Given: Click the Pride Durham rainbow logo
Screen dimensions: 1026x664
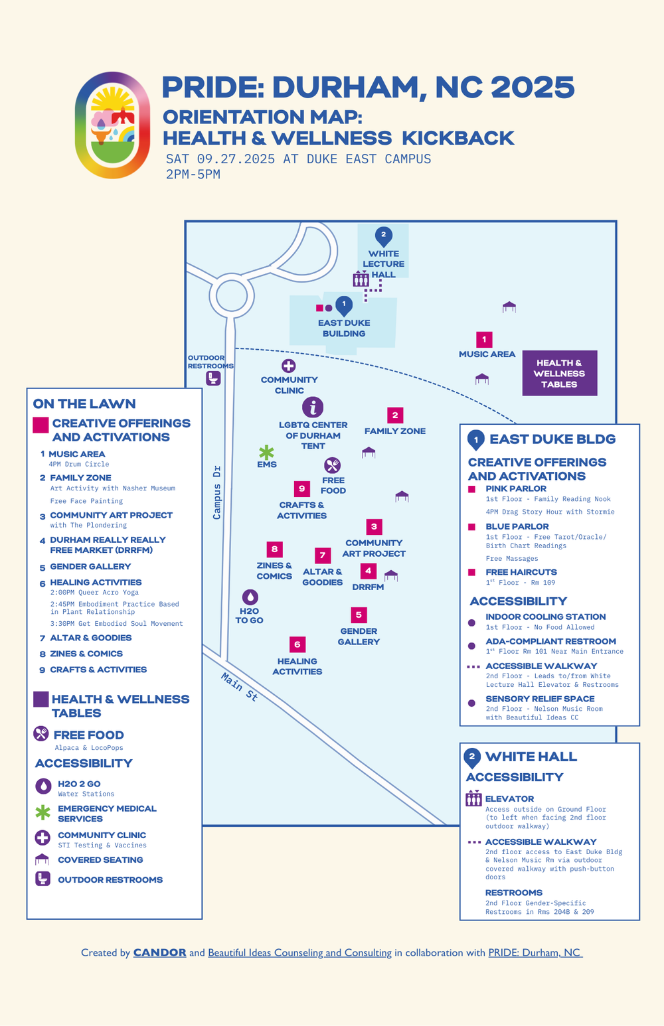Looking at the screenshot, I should [x=112, y=125].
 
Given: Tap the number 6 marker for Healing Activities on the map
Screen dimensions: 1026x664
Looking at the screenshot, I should [x=297, y=644].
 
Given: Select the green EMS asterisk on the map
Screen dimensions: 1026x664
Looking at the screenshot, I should [x=266, y=453].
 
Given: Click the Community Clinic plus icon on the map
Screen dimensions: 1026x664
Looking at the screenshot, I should [x=288, y=366].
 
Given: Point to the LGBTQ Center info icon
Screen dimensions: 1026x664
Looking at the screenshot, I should [x=313, y=407].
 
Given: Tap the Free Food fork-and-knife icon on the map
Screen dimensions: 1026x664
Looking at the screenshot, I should [x=333, y=465].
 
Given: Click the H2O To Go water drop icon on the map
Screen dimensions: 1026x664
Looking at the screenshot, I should [x=250, y=597].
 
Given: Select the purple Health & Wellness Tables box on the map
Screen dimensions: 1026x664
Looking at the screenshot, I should [x=559, y=373].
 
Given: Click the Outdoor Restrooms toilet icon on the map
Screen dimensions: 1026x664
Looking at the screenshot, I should [x=212, y=378].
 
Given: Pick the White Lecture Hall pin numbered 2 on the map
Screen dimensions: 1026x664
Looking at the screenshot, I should [x=383, y=236].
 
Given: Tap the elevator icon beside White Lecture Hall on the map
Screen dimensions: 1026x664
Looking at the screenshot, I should [x=361, y=279].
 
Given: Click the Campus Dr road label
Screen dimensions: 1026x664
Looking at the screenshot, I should [x=216, y=492].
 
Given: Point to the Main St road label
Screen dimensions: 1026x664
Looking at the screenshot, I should [x=240, y=687].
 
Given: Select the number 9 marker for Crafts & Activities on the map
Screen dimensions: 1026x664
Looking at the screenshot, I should [x=302, y=489].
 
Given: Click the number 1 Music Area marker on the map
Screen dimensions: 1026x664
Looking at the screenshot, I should [x=484, y=340].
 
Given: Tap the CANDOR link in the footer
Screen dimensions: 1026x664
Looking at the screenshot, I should [x=159, y=952].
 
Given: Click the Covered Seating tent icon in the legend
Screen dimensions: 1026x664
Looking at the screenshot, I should [x=42, y=859].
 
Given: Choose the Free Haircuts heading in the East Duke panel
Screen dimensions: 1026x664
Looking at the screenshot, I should [x=521, y=572].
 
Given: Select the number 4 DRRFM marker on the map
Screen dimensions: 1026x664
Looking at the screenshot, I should [x=368, y=571].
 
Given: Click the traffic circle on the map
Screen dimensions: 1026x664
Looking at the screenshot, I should [x=232, y=296].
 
